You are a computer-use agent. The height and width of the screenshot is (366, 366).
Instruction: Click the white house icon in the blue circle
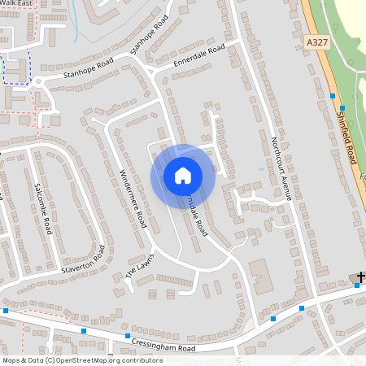183,176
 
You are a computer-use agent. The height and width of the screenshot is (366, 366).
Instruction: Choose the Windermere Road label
132,197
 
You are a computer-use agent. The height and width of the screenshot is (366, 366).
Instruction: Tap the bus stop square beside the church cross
356,285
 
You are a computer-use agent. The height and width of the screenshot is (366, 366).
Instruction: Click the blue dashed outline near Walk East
16,67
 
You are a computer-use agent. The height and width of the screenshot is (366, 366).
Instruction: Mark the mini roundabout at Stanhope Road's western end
41,81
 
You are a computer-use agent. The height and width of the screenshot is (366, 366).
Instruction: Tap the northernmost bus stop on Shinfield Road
333,96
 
